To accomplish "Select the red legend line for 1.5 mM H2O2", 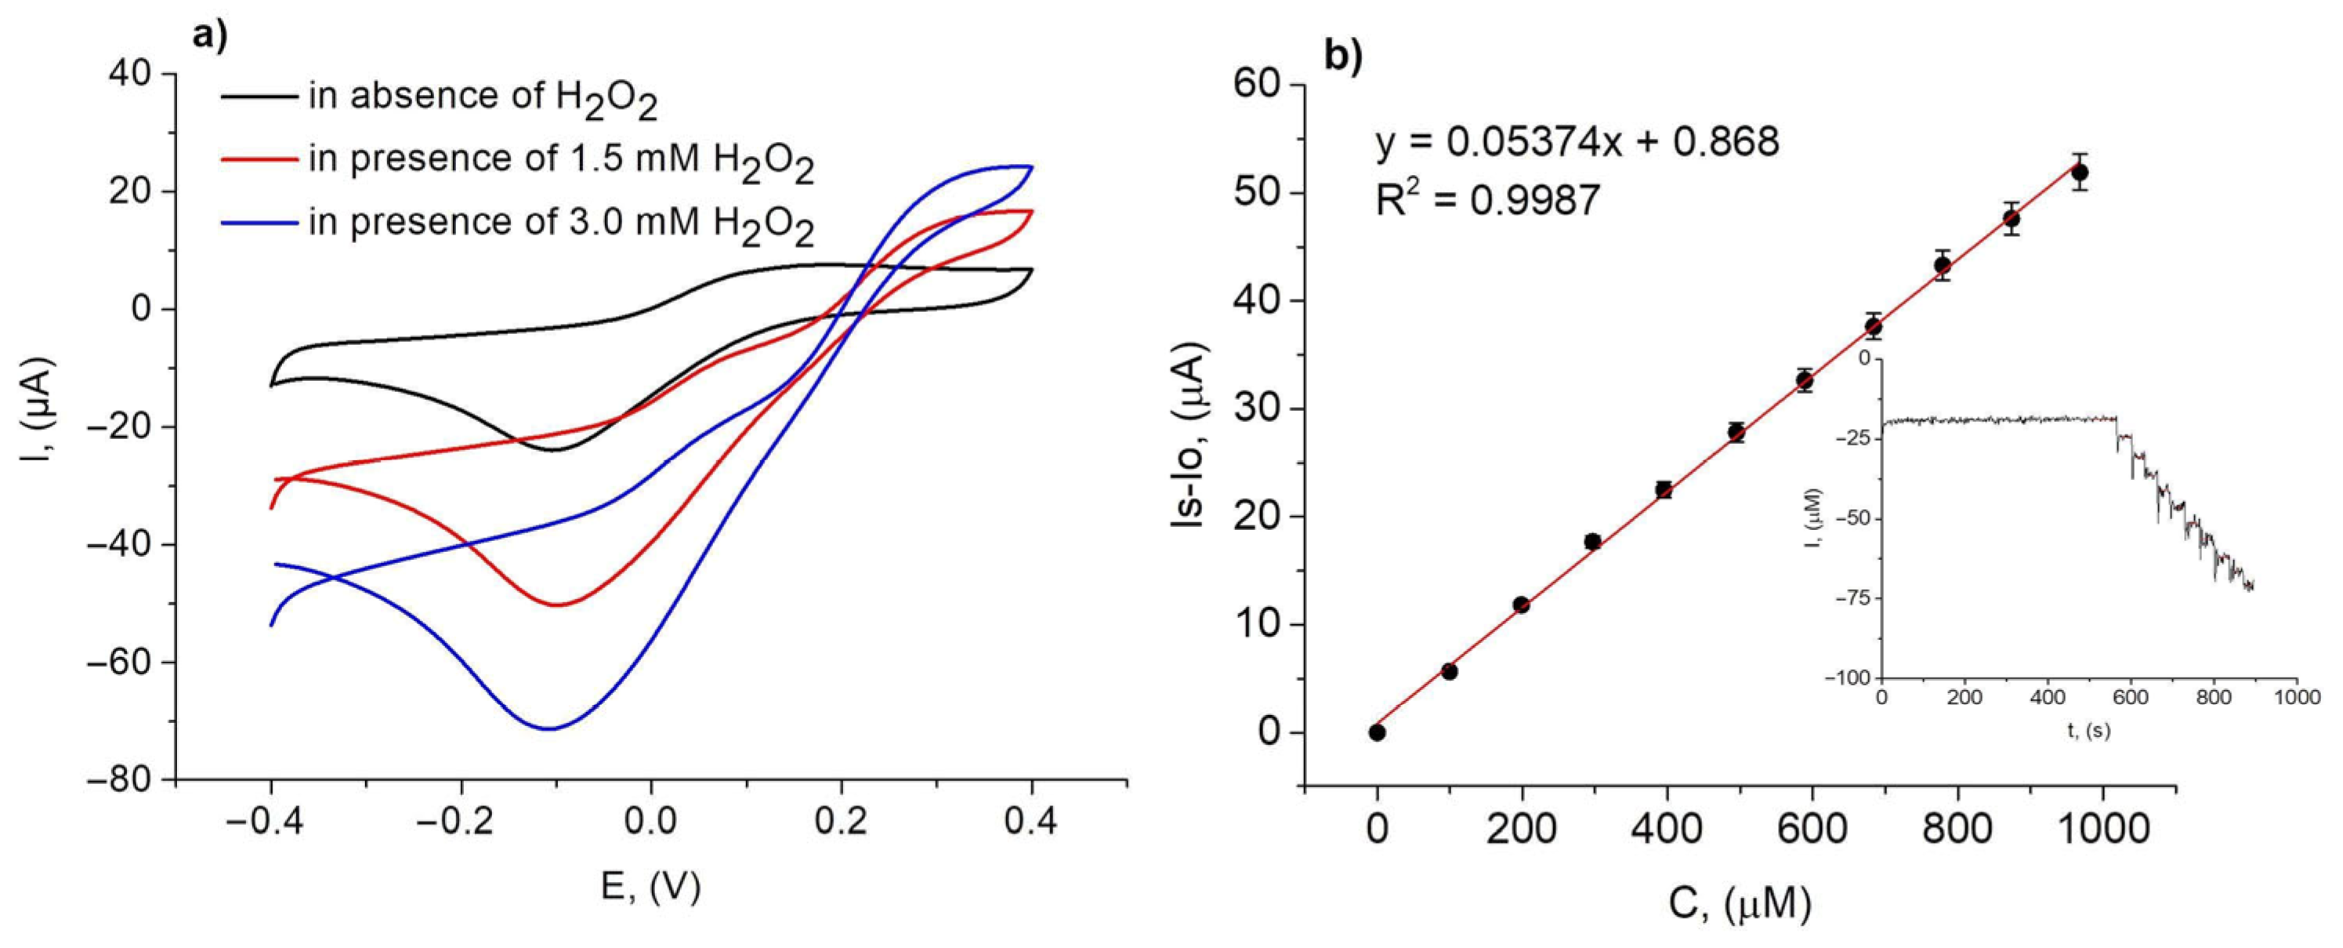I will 259,160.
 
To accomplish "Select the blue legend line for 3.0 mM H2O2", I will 259,222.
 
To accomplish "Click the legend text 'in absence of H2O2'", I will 482,96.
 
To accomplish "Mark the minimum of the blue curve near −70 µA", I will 549,728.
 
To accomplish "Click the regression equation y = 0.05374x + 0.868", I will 1577,142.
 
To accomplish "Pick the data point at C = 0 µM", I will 1377,732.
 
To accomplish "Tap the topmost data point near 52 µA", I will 2079,172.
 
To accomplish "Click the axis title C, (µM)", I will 1739,904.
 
